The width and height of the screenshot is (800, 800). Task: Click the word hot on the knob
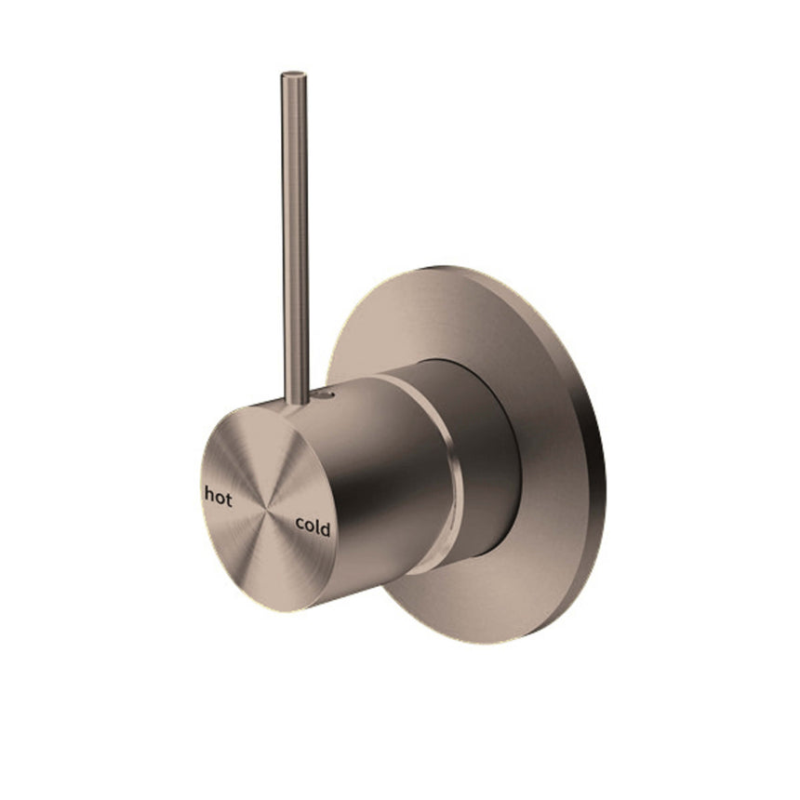click(219, 496)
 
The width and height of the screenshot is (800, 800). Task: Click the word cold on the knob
click(313, 527)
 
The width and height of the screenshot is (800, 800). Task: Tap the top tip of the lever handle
click(294, 73)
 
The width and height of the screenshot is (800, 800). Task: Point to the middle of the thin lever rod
click(295, 233)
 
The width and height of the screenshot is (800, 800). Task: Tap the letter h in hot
click(209, 495)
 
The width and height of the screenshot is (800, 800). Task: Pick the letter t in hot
click(229, 497)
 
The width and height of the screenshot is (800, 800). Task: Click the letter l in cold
click(317, 526)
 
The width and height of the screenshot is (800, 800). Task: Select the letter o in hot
click(220, 497)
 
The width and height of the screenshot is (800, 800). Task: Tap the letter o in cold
click(309, 527)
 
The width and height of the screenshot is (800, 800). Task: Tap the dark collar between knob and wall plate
click(488, 456)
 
